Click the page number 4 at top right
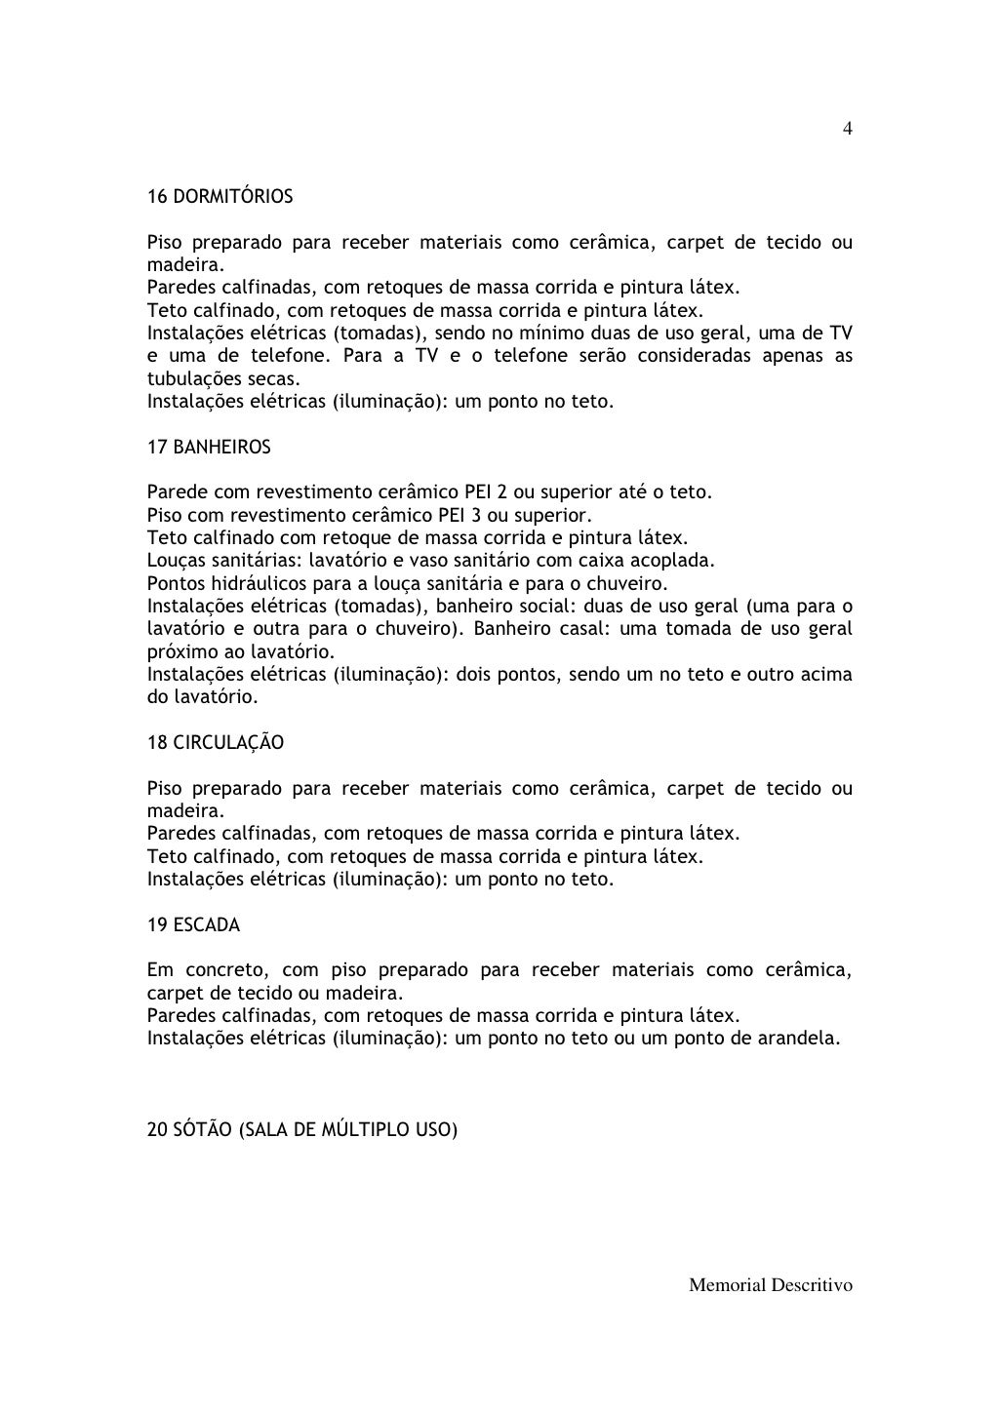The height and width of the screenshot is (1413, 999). coord(848,129)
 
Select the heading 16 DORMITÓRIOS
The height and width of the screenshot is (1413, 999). coord(220,197)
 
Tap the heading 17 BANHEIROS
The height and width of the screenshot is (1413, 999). coord(209,448)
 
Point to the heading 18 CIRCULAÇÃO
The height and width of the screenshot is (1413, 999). coord(216,743)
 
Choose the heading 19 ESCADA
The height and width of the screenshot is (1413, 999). coord(193,924)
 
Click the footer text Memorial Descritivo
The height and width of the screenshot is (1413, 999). coord(771,1285)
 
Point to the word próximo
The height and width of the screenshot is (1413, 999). coord(178,651)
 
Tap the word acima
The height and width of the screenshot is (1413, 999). coord(825,675)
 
